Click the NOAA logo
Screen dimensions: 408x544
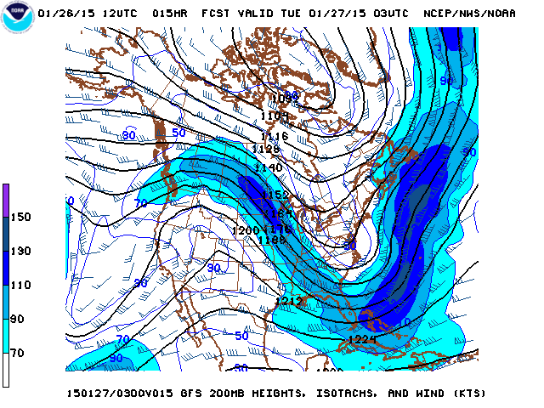(18, 18)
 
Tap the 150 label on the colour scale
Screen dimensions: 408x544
(20, 217)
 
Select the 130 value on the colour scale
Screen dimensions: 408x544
(20, 251)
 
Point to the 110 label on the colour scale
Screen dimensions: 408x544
(20, 285)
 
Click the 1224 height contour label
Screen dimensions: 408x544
(362, 340)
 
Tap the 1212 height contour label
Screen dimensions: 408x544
(289, 301)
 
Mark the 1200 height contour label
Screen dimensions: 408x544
(245, 230)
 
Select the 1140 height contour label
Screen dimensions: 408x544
(269, 168)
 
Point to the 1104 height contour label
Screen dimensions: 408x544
(274, 116)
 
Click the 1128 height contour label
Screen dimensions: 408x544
(265, 149)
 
